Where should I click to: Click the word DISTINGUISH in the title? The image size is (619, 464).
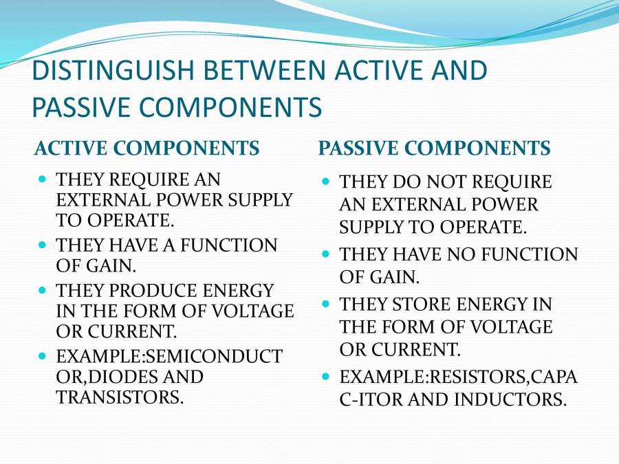113,70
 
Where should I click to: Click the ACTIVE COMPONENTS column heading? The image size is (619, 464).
147,148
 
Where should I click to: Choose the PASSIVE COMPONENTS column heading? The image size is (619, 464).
434,148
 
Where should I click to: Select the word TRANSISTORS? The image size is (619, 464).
120,397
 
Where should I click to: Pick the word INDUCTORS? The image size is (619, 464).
510,399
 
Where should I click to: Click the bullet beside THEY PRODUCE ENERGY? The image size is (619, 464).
43,290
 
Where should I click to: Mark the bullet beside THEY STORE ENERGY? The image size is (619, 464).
326,304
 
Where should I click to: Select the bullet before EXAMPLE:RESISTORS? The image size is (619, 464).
326,377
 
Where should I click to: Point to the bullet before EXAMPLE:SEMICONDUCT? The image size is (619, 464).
43,356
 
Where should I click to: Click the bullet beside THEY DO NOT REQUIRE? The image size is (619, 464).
326,181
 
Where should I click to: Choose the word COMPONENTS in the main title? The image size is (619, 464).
230,107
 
